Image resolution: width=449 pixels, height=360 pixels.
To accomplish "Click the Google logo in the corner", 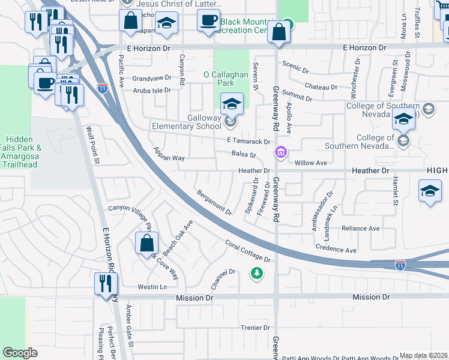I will pos(20,353).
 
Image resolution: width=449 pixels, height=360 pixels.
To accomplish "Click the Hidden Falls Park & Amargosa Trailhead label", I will pos(20,155).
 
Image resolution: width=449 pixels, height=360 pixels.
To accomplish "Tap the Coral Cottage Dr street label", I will pos(248,251).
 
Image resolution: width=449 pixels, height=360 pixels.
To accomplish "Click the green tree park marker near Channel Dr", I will pos(257,274).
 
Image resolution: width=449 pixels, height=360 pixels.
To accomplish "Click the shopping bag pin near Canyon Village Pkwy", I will pos(146,244).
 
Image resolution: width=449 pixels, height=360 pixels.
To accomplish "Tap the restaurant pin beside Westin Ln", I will pos(106,283).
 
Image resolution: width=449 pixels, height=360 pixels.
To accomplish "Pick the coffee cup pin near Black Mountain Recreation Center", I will pos(208,20).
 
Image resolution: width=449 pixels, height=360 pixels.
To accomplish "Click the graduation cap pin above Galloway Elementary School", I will pos(232,104).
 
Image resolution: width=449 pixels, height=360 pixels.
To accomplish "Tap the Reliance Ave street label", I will pos(360,229).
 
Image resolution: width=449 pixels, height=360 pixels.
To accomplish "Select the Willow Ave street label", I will pos(310,163).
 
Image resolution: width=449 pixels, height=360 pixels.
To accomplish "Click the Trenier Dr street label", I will pos(256,328).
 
